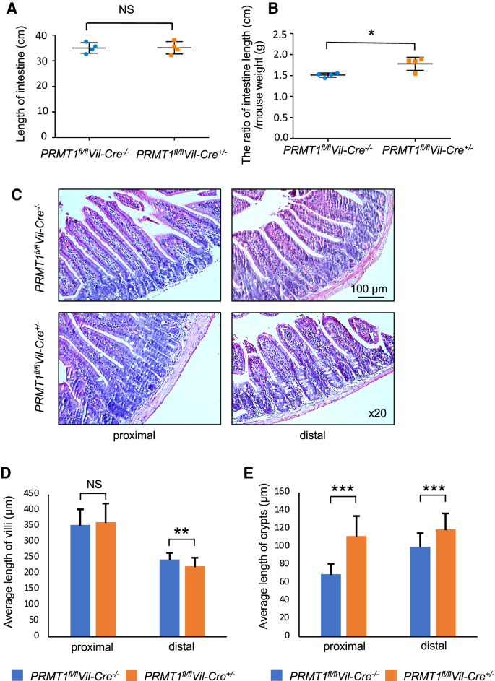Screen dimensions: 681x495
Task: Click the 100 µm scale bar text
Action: [x=370, y=290]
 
